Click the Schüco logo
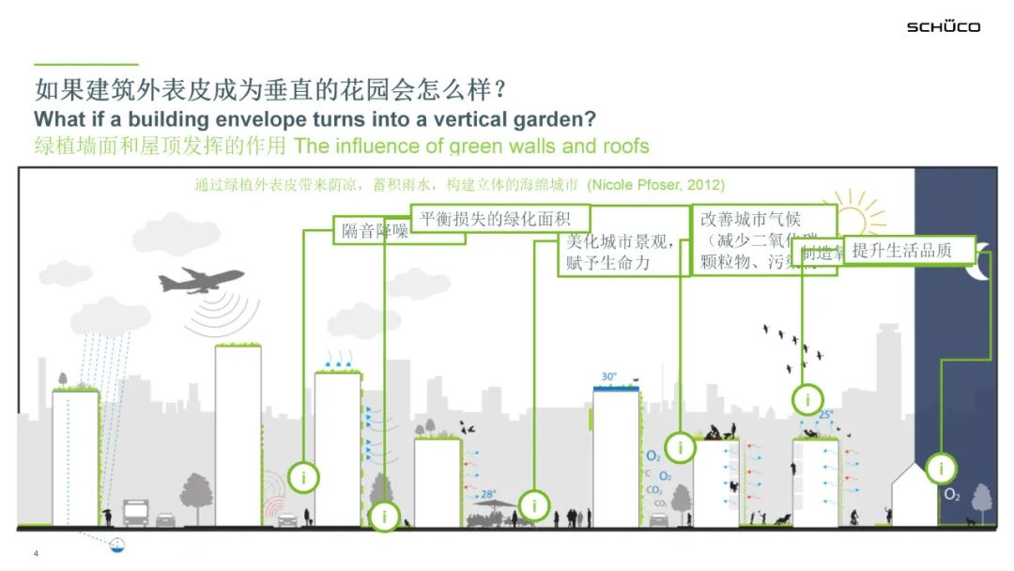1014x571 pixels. [x=943, y=26]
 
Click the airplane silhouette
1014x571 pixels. [x=201, y=281]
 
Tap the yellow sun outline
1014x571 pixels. [x=853, y=219]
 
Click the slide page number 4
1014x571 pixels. [x=36, y=553]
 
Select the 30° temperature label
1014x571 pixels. [x=609, y=377]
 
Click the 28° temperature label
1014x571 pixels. [x=488, y=494]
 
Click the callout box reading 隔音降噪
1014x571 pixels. [x=375, y=231]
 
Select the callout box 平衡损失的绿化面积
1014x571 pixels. [x=499, y=219]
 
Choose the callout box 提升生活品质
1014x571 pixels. [x=907, y=250]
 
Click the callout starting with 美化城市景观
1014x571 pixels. [x=622, y=252]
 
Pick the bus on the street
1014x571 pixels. [x=134, y=512]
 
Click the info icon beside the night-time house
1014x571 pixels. [x=941, y=468]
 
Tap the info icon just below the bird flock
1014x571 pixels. [x=807, y=400]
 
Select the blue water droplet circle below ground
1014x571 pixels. [x=117, y=544]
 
